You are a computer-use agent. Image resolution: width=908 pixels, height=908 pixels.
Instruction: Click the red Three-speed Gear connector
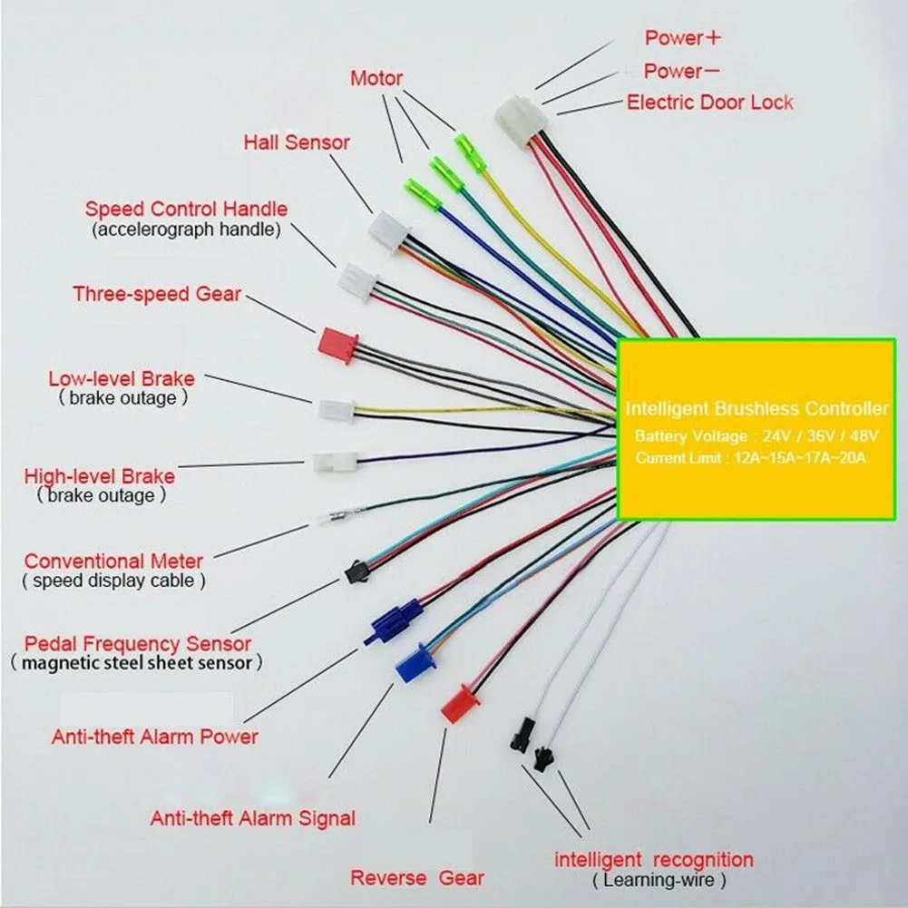coord(336,345)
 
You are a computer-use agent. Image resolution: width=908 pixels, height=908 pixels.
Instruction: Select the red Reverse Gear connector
coord(459,703)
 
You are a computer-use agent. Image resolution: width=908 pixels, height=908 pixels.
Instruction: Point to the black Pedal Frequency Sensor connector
coord(356,571)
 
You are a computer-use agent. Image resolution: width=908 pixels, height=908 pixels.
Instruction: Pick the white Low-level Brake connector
coord(336,410)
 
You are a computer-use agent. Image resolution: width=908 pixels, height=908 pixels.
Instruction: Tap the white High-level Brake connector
coord(335,462)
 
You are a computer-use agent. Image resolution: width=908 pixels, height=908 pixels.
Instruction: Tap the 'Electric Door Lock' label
coord(709,102)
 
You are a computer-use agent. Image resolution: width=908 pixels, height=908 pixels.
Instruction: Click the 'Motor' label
coord(376,79)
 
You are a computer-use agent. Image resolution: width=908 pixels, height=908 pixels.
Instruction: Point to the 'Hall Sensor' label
coord(297,142)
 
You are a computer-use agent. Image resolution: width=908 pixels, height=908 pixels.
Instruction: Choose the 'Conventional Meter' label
coord(113,561)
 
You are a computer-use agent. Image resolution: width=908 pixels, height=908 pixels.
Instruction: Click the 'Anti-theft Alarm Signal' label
coord(252,818)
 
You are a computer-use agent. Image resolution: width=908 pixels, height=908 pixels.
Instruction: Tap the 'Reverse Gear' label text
coord(417,878)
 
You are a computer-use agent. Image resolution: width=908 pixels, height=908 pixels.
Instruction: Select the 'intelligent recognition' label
coord(654,859)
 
